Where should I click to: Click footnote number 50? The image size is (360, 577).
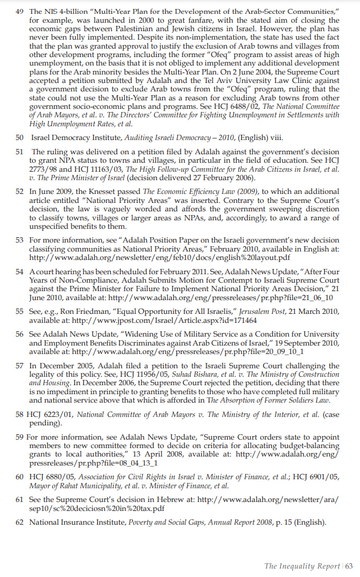point(20,138)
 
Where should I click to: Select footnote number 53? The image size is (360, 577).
point(20,240)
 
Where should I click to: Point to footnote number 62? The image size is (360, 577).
point(20,523)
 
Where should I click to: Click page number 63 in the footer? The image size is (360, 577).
point(349,566)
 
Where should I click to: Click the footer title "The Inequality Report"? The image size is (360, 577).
point(302,566)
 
